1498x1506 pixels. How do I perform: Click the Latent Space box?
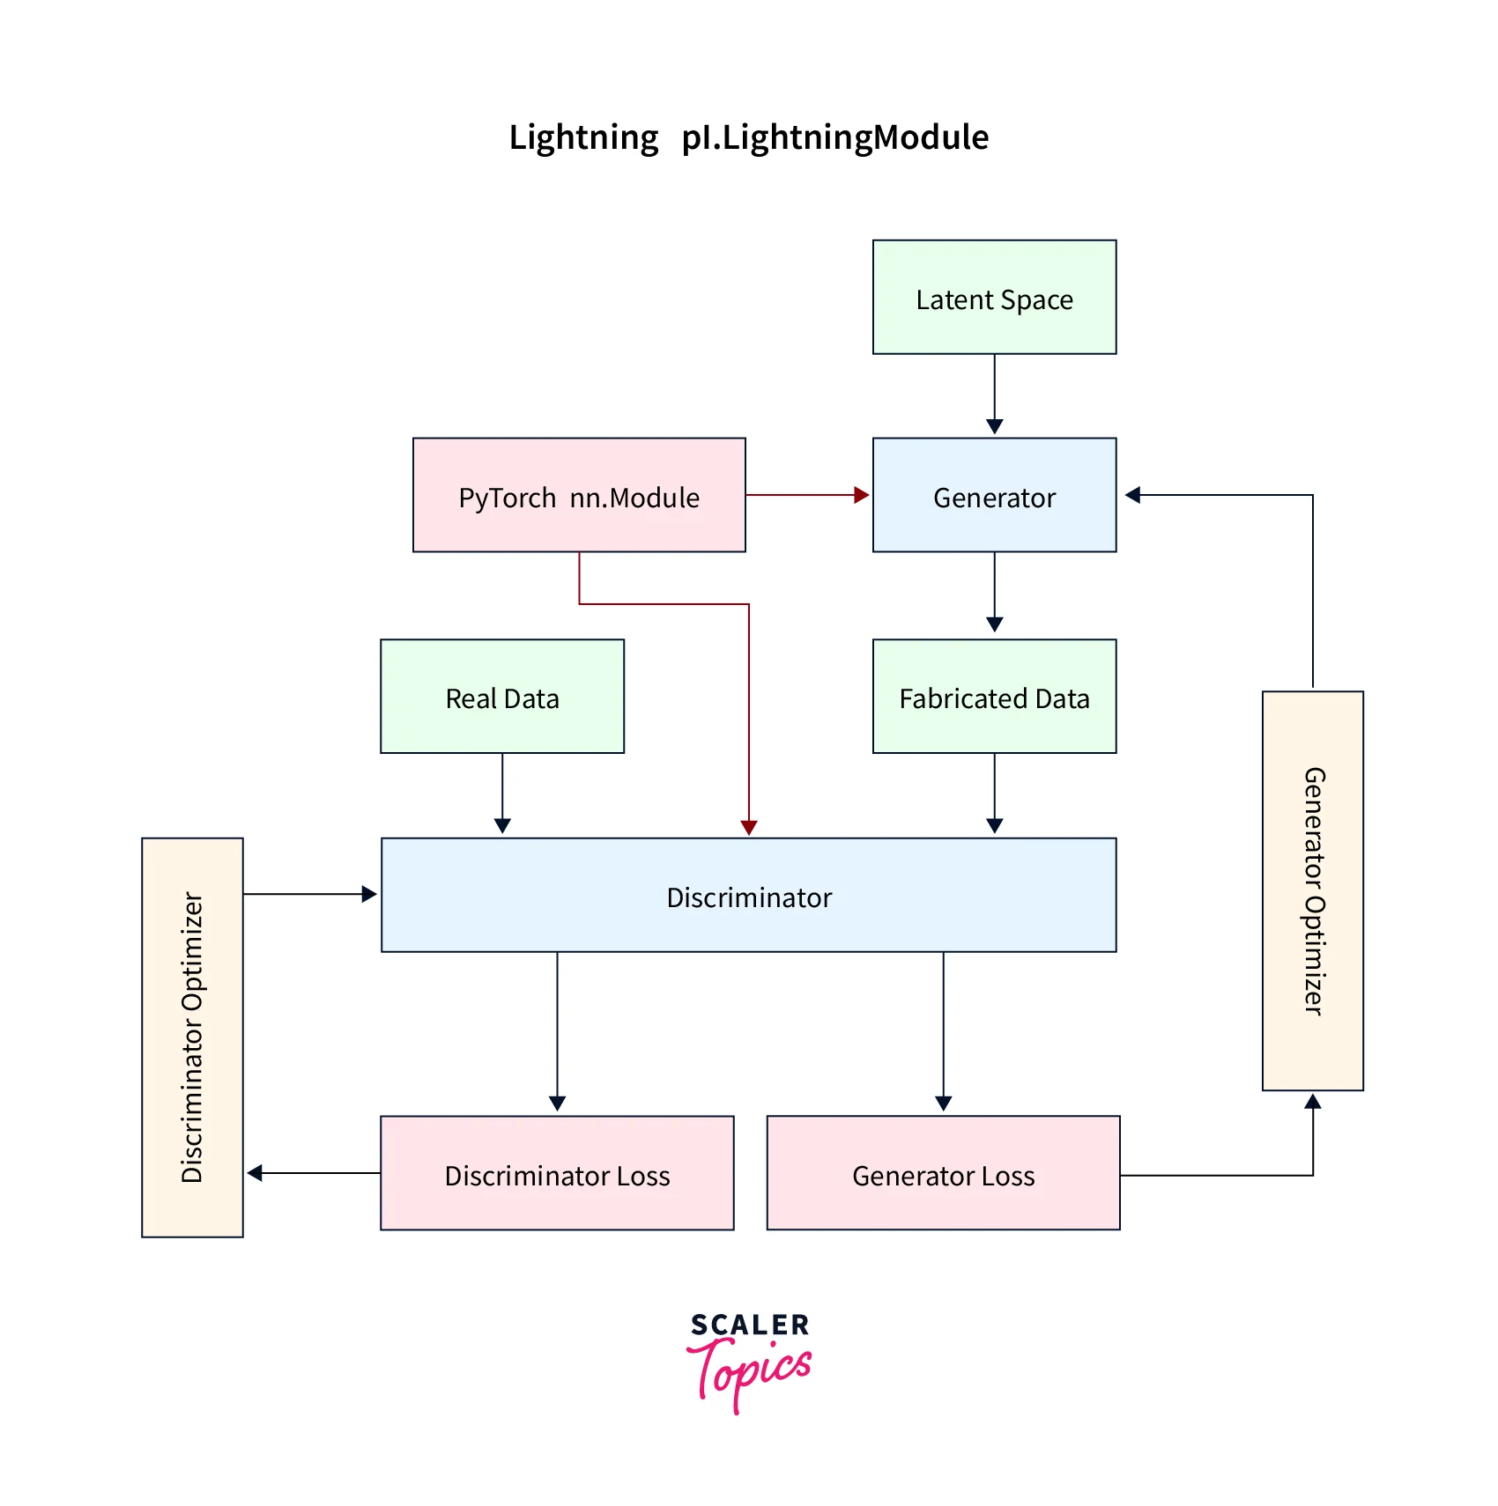994,298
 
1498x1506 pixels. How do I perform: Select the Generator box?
994,496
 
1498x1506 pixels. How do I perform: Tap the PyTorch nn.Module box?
579,496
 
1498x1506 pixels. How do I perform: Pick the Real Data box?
502,697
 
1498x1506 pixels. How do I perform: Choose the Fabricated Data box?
994,697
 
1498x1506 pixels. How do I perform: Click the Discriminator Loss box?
557,1173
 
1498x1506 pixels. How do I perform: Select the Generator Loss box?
943,1173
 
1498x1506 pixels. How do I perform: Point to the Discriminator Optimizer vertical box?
192,1037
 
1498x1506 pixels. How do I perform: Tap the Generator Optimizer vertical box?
1313,891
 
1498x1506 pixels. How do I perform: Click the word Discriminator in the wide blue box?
749,897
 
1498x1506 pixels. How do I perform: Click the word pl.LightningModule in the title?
834,137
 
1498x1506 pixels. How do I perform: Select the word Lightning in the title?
583,137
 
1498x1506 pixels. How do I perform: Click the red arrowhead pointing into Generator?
862,495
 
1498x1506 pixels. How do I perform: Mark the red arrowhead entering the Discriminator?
749,828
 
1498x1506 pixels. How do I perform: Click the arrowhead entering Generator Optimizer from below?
1313,1102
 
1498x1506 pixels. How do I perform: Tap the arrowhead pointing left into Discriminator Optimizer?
255,1173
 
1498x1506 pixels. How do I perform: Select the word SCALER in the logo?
750,1325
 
